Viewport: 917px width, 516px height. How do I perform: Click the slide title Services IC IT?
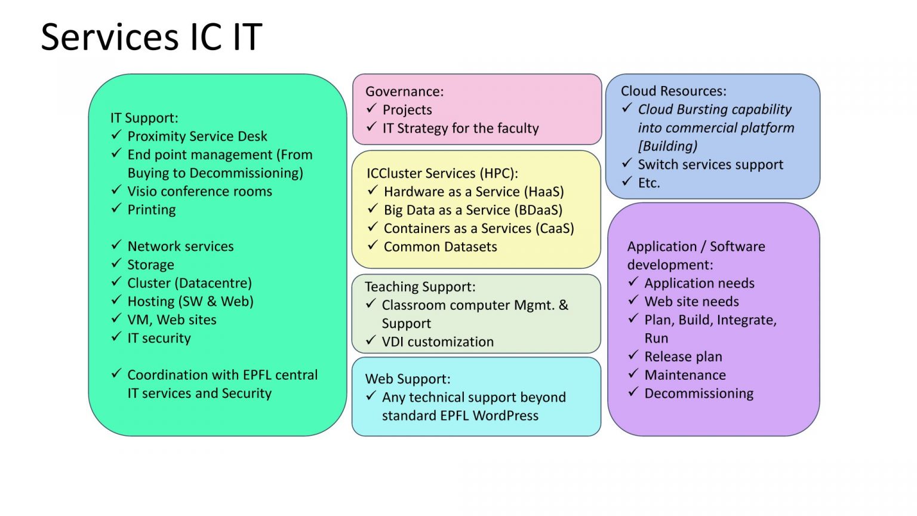coord(151,37)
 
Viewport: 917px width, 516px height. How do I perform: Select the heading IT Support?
coord(144,118)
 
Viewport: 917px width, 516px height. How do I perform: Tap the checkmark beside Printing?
coord(116,208)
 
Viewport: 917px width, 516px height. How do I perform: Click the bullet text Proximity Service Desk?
coord(197,137)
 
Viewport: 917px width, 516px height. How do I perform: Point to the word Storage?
coord(150,265)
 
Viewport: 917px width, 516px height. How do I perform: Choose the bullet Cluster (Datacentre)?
coord(189,283)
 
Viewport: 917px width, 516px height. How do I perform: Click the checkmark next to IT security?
coord(116,337)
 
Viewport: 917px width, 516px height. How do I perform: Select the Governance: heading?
coord(404,91)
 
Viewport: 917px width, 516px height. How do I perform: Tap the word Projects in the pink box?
coord(407,110)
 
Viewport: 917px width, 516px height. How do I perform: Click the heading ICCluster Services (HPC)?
coord(442,173)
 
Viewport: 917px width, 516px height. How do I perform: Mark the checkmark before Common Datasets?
coord(373,245)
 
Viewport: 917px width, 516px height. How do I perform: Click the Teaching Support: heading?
coord(420,287)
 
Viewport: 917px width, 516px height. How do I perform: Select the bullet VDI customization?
coord(438,342)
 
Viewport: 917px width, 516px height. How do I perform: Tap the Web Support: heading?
coord(407,379)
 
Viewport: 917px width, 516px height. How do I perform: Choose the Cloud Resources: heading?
coord(673,91)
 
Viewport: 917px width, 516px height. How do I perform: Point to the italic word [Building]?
coord(667,146)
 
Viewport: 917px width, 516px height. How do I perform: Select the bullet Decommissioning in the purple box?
coord(698,394)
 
